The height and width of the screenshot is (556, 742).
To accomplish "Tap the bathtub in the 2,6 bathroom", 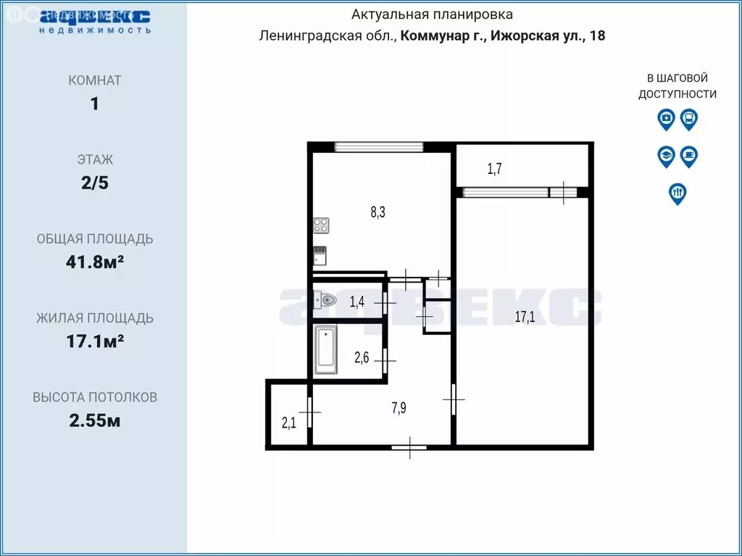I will [x=326, y=349].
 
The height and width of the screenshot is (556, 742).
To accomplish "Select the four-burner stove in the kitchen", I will [x=321, y=225].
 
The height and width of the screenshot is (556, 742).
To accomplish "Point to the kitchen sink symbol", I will [x=320, y=254].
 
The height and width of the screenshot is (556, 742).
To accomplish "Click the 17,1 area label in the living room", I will [x=525, y=316].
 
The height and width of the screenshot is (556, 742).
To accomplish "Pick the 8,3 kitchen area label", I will [x=378, y=212].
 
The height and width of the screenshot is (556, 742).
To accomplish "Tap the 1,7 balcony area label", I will [x=494, y=170].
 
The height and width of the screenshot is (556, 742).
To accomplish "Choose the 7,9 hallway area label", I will [x=399, y=408].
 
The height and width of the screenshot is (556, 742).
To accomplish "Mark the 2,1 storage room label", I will [x=288, y=423].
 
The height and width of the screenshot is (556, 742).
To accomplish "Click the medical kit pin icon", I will [x=666, y=118].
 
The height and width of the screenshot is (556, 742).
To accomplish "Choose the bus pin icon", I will [x=689, y=118].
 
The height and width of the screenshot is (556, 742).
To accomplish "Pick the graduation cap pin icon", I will [x=666, y=156].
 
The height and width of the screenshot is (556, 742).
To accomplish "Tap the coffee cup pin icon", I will [x=689, y=156].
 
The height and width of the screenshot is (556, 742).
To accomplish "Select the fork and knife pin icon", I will [x=678, y=194].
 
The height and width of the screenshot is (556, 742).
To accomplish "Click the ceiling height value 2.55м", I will [x=94, y=420].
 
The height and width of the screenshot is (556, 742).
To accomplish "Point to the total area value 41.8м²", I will [x=94, y=262].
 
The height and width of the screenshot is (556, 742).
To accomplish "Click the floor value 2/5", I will [x=94, y=183].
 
